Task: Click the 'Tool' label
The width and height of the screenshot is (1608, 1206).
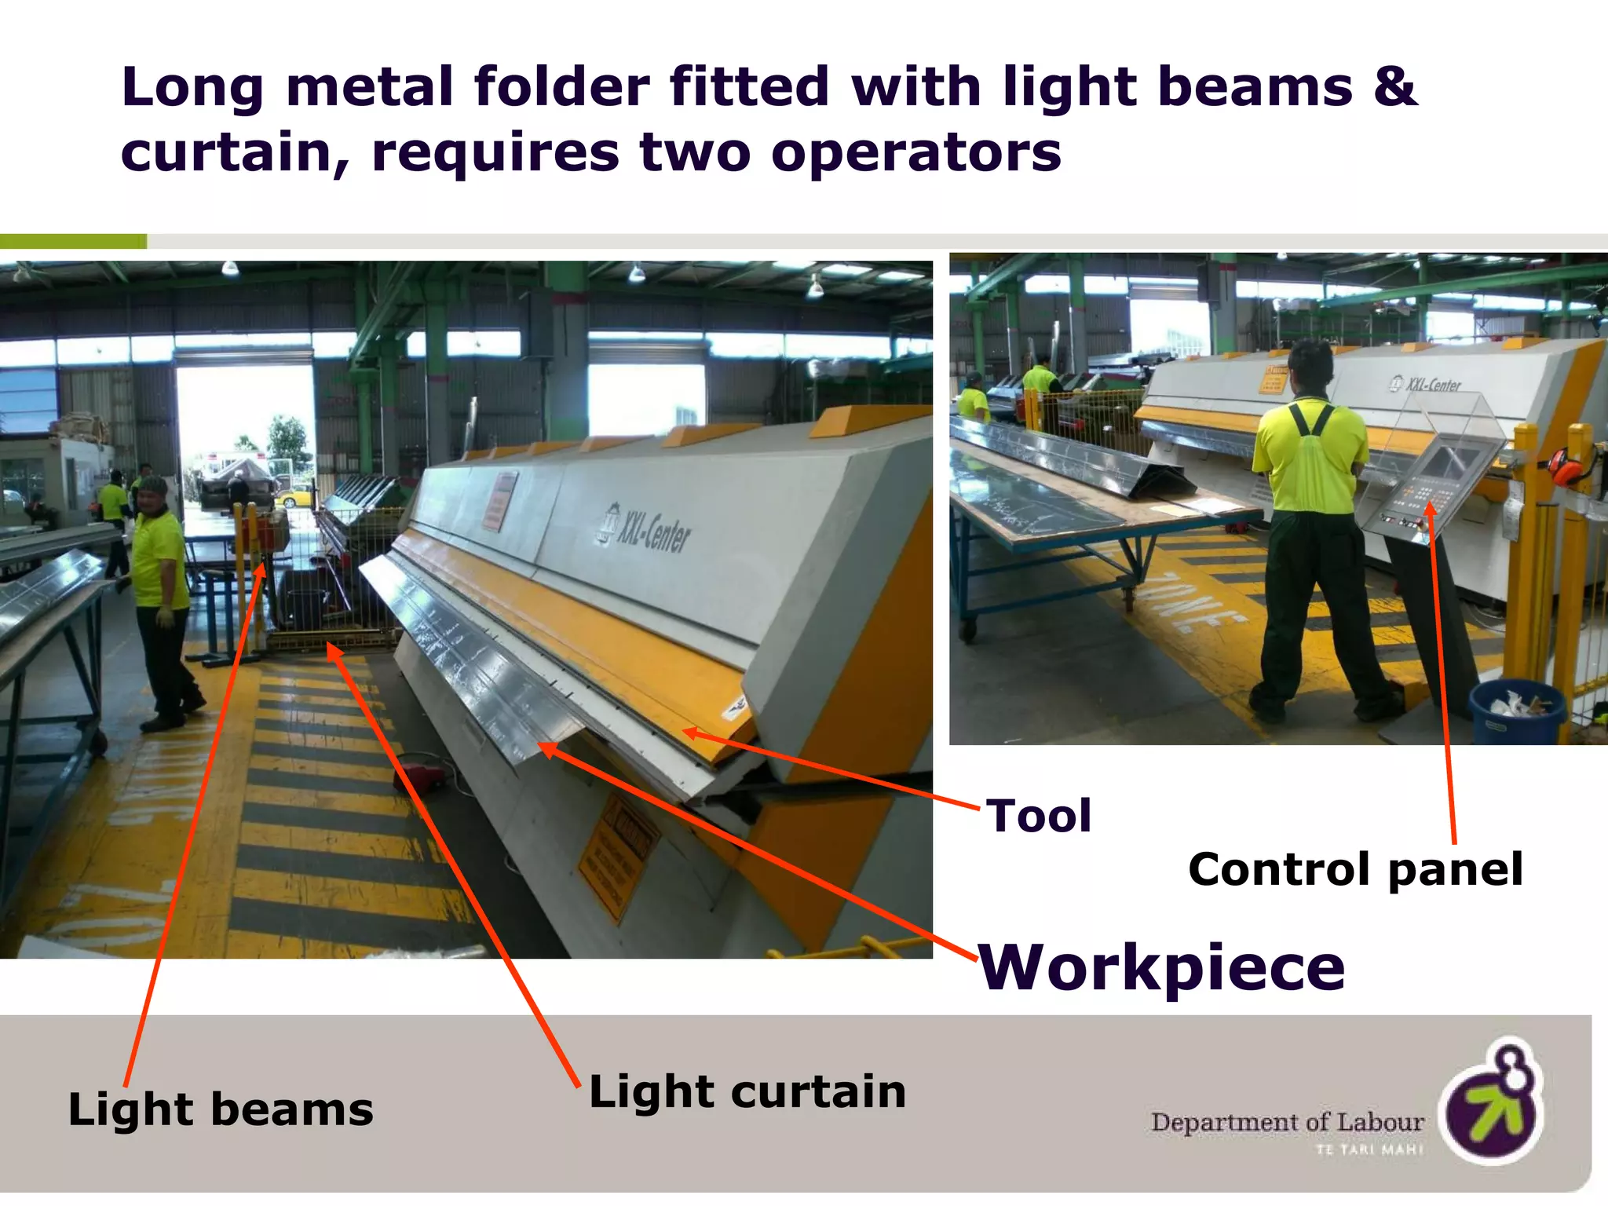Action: (x=1039, y=816)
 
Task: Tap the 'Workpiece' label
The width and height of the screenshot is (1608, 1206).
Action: (x=1162, y=967)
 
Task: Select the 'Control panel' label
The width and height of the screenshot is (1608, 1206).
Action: (x=1355, y=870)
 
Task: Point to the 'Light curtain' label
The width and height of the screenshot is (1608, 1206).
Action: (x=747, y=1091)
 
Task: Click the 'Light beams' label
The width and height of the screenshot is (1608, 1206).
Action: (x=221, y=1109)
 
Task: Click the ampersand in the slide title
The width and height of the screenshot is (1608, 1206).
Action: (x=1395, y=86)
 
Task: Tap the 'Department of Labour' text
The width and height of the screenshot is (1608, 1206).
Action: (x=1287, y=1122)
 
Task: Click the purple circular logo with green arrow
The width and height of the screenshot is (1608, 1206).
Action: (x=1493, y=1102)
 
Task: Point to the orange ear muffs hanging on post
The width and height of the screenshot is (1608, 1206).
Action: (x=1566, y=466)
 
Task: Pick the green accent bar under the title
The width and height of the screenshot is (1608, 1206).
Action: (x=73, y=242)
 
